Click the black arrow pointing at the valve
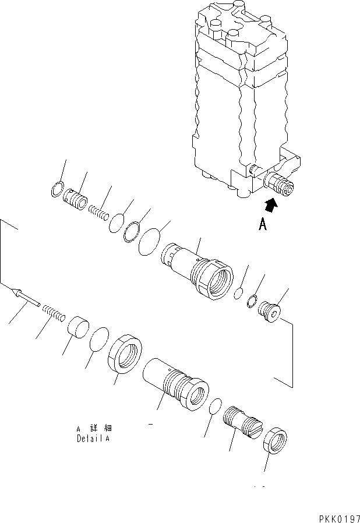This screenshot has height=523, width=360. click(x=271, y=204)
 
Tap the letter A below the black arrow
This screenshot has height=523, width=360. click(x=263, y=224)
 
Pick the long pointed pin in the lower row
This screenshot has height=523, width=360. click(x=26, y=298)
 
